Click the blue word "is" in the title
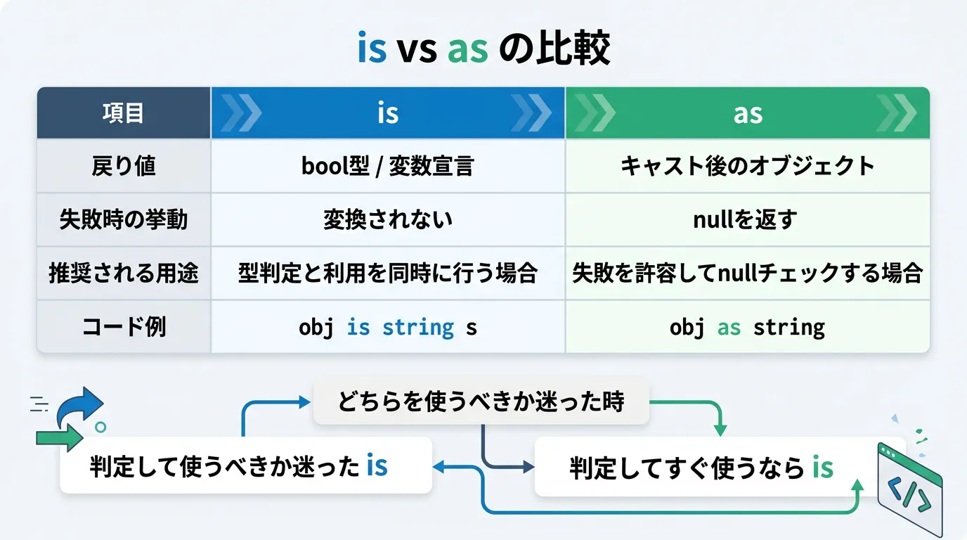coord(372,48)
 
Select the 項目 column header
coord(123,113)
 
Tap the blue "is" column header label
coord(388,113)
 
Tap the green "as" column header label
coord(748,115)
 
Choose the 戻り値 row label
coord(124,167)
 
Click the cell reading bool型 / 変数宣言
coord(388,167)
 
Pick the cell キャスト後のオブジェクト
coord(747,167)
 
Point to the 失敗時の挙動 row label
coord(124,219)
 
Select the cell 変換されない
coord(388,219)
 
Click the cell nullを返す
coord(746,219)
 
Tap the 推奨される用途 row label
coord(124,273)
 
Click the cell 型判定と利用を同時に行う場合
coord(388,273)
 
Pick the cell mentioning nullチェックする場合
coord(747,273)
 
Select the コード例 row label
coord(124,326)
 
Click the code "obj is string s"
coord(388,328)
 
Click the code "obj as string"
coord(747,328)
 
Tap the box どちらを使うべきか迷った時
coord(481,401)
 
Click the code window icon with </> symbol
coord(909,489)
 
